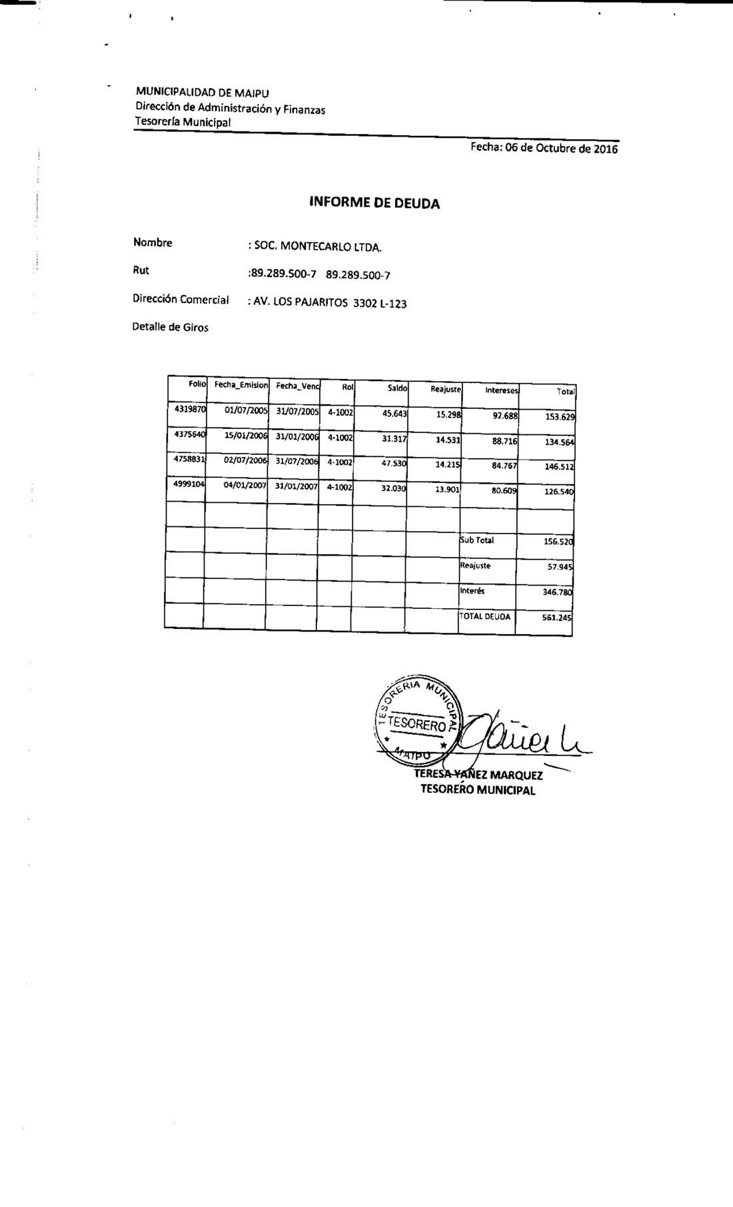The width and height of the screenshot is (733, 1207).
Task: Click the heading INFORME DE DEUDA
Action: pos(374,203)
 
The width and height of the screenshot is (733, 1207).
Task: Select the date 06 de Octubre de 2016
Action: pos(562,149)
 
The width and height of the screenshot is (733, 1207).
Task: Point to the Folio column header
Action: pos(197,384)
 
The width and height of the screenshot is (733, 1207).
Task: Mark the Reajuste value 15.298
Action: pos(449,414)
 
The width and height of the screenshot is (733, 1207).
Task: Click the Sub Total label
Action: pos(477,540)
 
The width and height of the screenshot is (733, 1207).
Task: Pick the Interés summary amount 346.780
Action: pos(558,592)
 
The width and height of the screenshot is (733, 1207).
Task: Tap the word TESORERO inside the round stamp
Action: pos(416,724)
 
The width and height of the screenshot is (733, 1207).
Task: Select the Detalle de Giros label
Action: pos(171,327)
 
